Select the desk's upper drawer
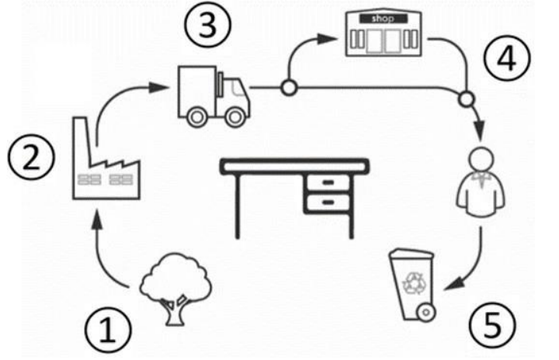(328, 182)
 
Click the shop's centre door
(379, 40)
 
